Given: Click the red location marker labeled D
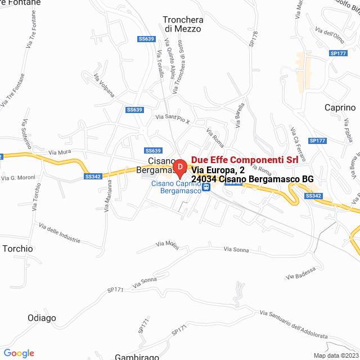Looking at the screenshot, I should pos(179,167).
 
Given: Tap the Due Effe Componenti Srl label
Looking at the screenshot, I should pos(245,160).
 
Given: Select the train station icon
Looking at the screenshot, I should pos(206,188).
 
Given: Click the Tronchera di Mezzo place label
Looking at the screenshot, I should pos(182,24).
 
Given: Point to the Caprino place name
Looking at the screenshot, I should pos(340,107).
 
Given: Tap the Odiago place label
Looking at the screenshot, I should pos(42,318).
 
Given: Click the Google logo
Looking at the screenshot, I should pos(19,353).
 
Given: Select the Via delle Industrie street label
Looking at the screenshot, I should pos(60,233).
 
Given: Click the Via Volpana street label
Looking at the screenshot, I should pos(104,84).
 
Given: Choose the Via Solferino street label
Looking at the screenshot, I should pos(25,134).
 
